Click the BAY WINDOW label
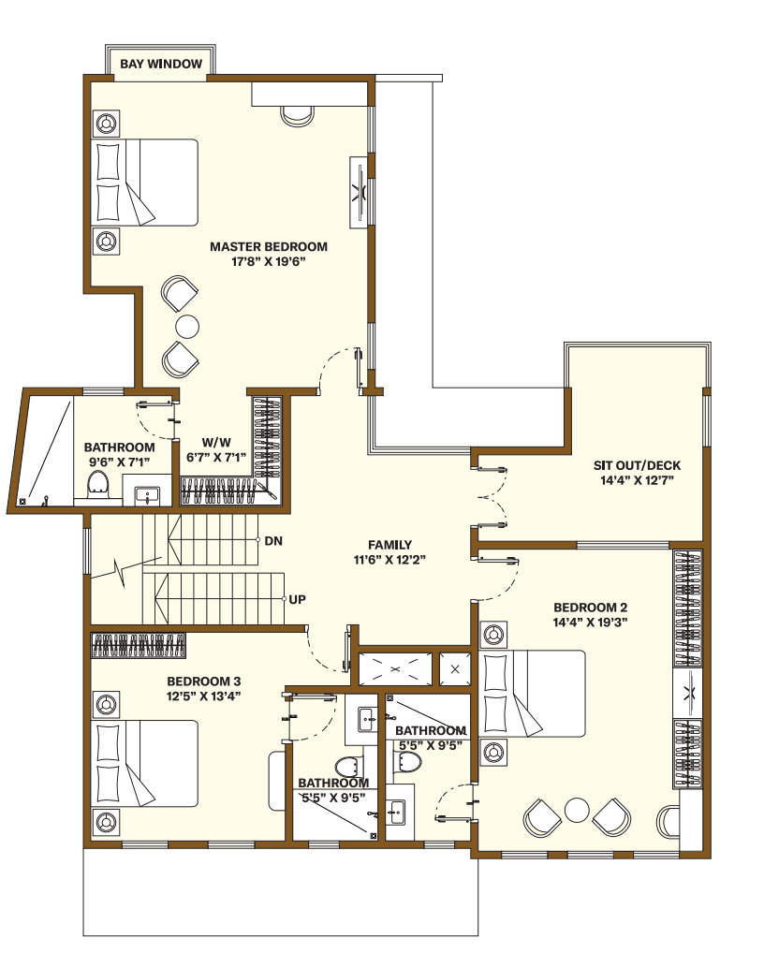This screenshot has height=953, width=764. pyautogui.click(x=161, y=64)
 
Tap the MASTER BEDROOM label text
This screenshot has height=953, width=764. pyautogui.click(x=269, y=247)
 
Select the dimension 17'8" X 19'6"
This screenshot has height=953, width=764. pyautogui.click(x=269, y=262)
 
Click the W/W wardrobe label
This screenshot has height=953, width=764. pyautogui.click(x=217, y=443)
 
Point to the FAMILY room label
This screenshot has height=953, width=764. pyautogui.click(x=389, y=545)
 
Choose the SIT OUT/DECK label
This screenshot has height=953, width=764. pyautogui.click(x=637, y=465)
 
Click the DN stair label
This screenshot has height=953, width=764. pyautogui.click(x=273, y=541)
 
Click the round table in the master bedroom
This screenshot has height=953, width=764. pyautogui.click(x=188, y=326)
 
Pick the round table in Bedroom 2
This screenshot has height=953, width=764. pyautogui.click(x=578, y=808)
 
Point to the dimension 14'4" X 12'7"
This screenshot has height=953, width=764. pyautogui.click(x=637, y=480)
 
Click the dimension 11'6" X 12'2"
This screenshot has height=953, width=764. pyautogui.click(x=389, y=560)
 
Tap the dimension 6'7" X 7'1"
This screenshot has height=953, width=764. pyautogui.click(x=217, y=458)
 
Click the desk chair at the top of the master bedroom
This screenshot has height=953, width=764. pyautogui.click(x=297, y=114)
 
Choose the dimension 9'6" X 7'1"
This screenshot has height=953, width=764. pyautogui.click(x=119, y=462)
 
